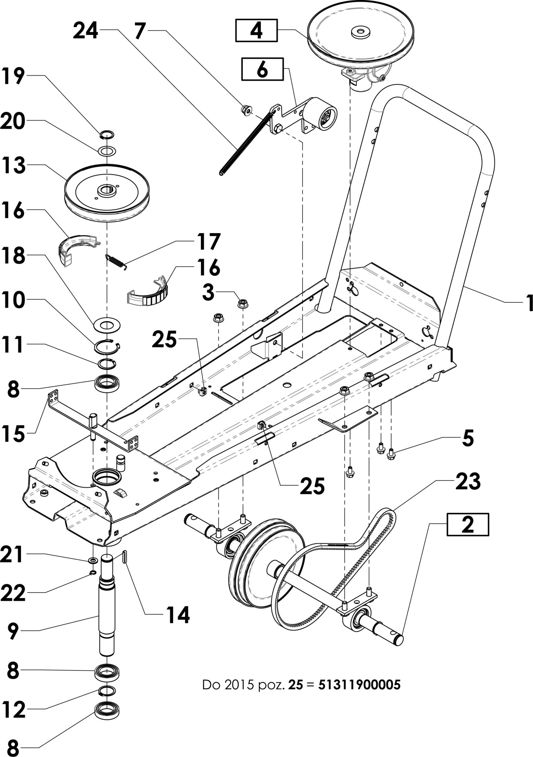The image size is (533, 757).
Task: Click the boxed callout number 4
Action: [x=256, y=31]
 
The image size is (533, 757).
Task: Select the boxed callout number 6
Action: [x=262, y=69]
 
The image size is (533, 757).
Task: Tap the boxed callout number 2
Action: [x=468, y=524]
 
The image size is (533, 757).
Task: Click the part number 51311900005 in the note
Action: [x=359, y=684]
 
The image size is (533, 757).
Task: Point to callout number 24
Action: [x=86, y=31]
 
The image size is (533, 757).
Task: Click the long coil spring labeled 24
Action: [x=246, y=143]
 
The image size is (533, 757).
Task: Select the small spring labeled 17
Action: [x=116, y=261]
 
